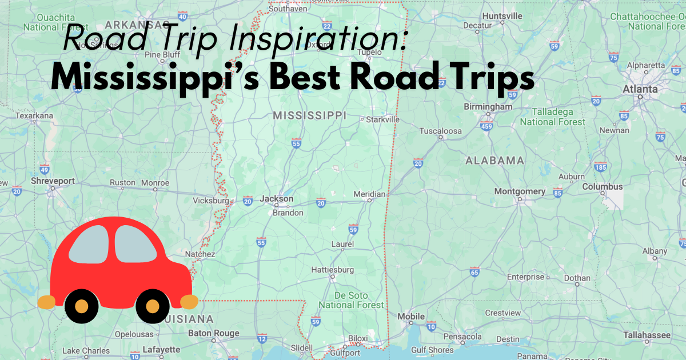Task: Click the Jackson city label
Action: pos(277,199)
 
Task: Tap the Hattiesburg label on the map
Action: pos(332,270)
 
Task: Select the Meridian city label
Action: pos(369,194)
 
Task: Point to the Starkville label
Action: pos(382,119)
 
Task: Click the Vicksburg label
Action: pos(211,201)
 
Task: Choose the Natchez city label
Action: pos(200,254)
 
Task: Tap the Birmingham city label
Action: pos(488,107)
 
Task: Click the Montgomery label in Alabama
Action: pos(520,191)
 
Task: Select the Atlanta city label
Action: pos(640,90)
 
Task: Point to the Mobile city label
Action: pos(411,317)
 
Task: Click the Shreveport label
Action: pos(53,181)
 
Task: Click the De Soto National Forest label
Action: pos(351,301)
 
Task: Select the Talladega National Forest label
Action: pos(552,117)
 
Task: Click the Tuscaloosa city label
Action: pos(440,131)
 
